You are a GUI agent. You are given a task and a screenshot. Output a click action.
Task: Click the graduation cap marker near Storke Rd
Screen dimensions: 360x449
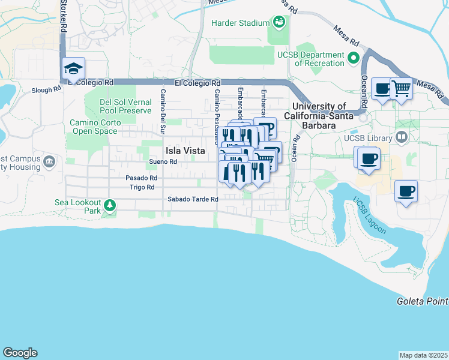[x=73, y=68]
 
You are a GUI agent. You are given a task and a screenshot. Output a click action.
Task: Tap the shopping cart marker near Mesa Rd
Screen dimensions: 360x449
[x=400, y=89]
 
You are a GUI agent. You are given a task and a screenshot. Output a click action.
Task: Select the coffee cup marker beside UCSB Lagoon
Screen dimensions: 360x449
[x=406, y=191]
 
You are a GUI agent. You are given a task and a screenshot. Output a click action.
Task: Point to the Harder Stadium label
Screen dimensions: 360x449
[x=240, y=23]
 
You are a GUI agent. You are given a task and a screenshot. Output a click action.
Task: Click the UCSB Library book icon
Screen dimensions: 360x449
[x=402, y=138]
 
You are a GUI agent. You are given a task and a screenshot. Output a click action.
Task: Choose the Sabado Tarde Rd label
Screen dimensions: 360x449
[x=192, y=199]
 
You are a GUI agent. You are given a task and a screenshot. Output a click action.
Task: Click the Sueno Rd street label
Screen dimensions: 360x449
[x=163, y=162]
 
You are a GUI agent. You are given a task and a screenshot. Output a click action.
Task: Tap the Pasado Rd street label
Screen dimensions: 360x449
[x=141, y=178]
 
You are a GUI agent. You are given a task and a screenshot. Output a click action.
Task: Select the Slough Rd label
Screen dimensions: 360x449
[x=46, y=90]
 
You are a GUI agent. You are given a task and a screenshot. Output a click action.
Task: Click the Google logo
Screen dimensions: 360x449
[x=20, y=353]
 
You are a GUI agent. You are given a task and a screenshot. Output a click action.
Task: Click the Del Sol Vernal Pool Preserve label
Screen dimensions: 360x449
[x=126, y=106]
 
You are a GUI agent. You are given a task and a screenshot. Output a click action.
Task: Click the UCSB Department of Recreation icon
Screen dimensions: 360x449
[x=354, y=59]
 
